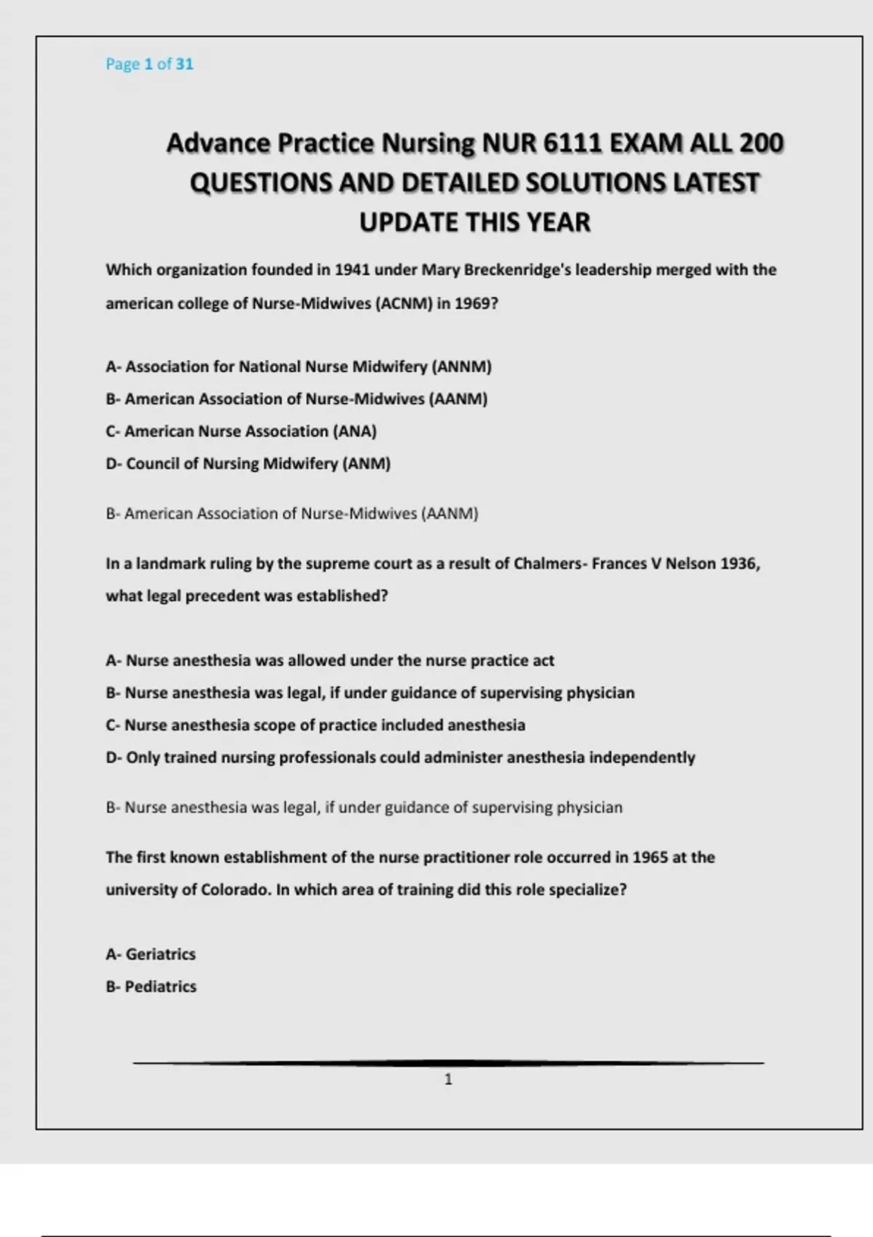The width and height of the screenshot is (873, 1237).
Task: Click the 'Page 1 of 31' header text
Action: (149, 64)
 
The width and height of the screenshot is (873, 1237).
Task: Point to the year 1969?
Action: (477, 303)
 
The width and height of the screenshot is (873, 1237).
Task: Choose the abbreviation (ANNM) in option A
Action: (462, 367)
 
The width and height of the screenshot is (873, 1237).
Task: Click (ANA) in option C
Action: (354, 431)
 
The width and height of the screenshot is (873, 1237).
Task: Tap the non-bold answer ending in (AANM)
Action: (292, 514)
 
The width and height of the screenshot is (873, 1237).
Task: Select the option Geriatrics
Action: (160, 954)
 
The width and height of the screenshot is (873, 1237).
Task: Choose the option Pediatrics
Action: (160, 987)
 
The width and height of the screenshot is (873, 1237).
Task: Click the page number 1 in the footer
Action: (448, 1080)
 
